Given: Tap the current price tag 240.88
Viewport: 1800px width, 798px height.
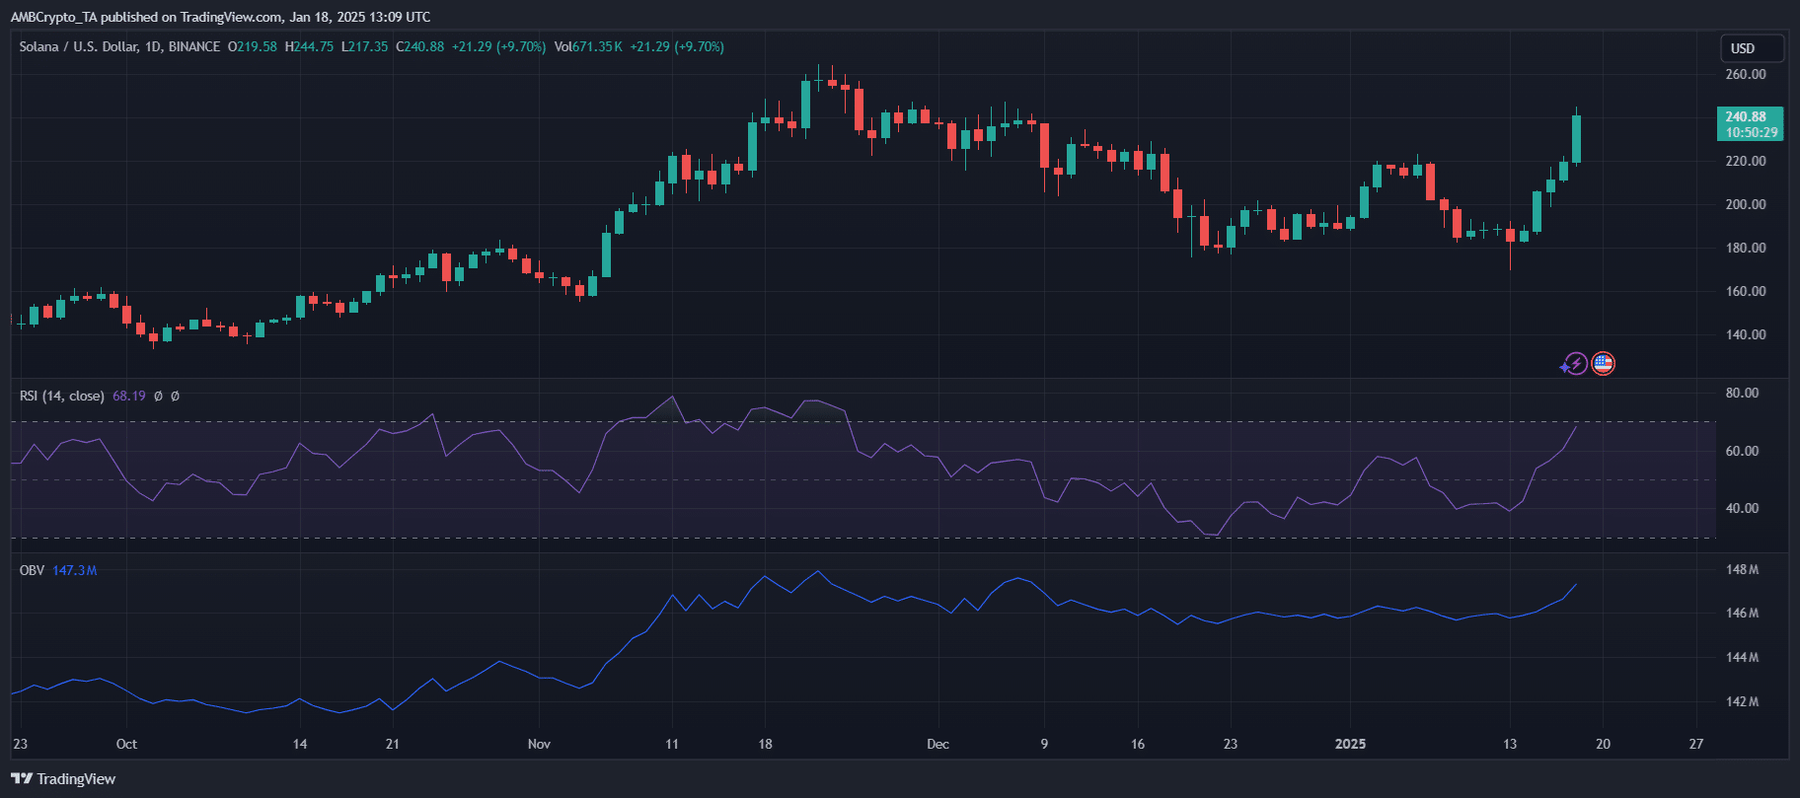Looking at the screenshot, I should point(1750,117).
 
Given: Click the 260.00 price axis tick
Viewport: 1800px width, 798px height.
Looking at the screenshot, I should point(1745,75).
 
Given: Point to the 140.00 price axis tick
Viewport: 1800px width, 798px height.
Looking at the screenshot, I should point(1745,335).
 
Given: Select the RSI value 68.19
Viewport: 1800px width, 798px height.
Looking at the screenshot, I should point(129,397).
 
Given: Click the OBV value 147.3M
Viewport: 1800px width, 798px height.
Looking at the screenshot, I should point(75,571).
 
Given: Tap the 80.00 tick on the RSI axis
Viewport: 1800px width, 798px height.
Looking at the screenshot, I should point(1742,393).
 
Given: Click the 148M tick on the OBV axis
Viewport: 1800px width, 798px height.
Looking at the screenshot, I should point(1743,570).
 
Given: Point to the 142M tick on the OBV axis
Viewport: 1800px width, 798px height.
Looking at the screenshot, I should point(1743,702).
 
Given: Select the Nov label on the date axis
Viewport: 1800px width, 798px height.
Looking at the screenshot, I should point(539,744).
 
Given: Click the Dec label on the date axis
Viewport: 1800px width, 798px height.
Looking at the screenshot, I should point(937,744).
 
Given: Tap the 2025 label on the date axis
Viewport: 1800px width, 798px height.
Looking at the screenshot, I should point(1350,744).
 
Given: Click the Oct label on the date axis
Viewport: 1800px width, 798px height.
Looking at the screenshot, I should point(126,744).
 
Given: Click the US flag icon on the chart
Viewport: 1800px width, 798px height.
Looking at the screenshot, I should point(1603,364).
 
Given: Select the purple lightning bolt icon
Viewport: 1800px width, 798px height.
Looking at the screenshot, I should point(1575,364).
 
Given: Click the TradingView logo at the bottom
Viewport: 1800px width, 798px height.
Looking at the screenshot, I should point(64,779).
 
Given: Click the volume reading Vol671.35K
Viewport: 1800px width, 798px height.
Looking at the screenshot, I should point(588,47).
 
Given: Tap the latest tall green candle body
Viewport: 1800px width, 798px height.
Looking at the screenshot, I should point(1576,139).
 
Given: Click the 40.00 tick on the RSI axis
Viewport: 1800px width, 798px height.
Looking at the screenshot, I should point(1742,509).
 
